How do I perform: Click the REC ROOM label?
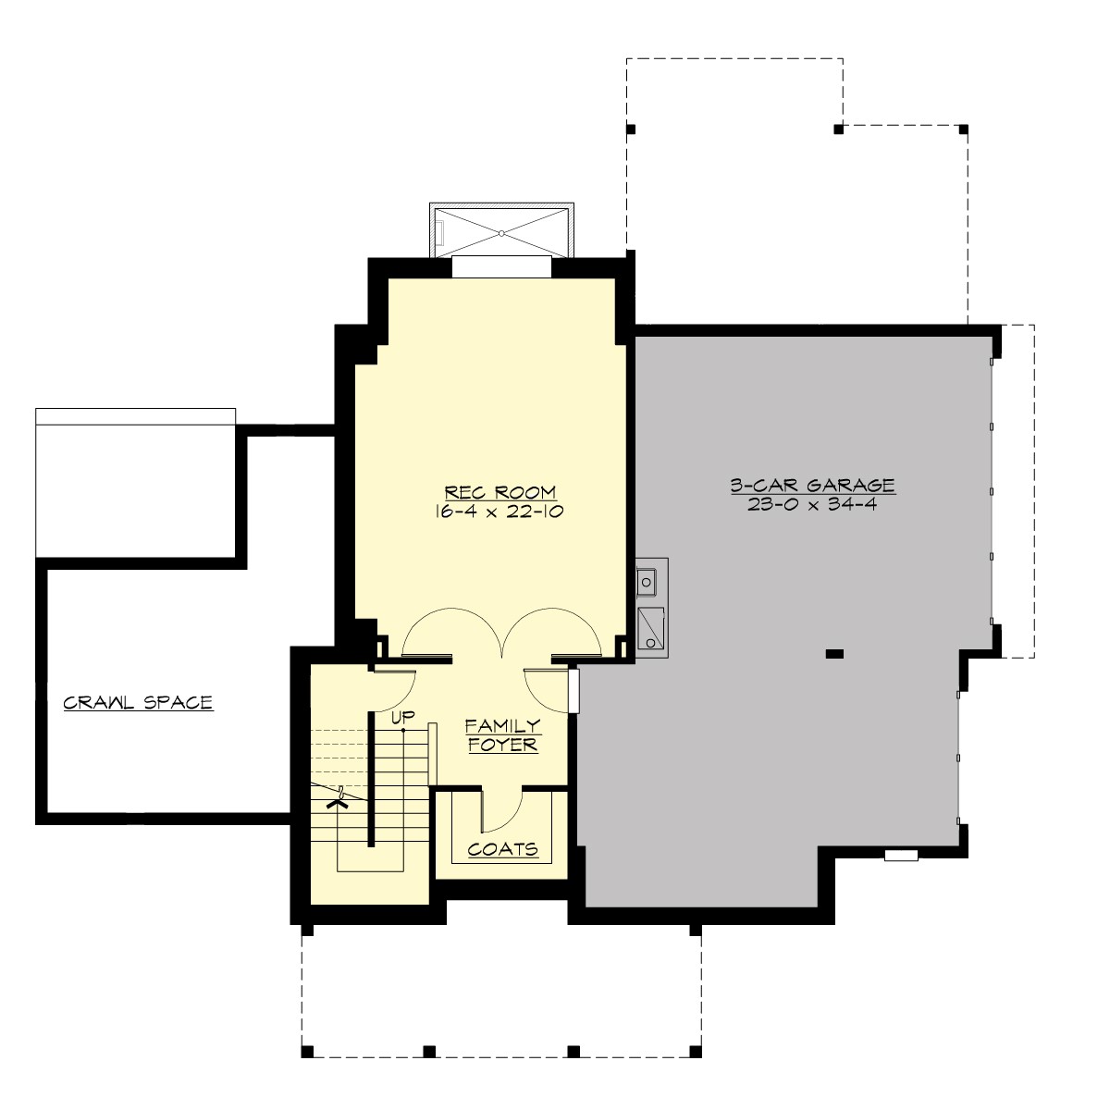coord(500,492)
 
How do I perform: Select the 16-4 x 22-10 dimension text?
coord(500,511)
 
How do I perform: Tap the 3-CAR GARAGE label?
coord(812,485)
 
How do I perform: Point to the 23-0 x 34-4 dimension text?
coord(812,504)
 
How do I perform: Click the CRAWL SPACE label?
coord(138,703)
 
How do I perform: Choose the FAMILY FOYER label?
coord(502,735)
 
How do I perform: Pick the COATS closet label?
coord(502,849)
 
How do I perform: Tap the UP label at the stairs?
coord(401,717)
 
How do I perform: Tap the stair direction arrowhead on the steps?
coord(339,802)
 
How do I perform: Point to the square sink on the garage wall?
coord(647,582)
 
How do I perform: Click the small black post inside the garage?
coord(834,654)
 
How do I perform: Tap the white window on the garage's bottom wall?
coord(901,856)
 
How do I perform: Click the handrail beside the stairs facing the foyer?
coord(432,753)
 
